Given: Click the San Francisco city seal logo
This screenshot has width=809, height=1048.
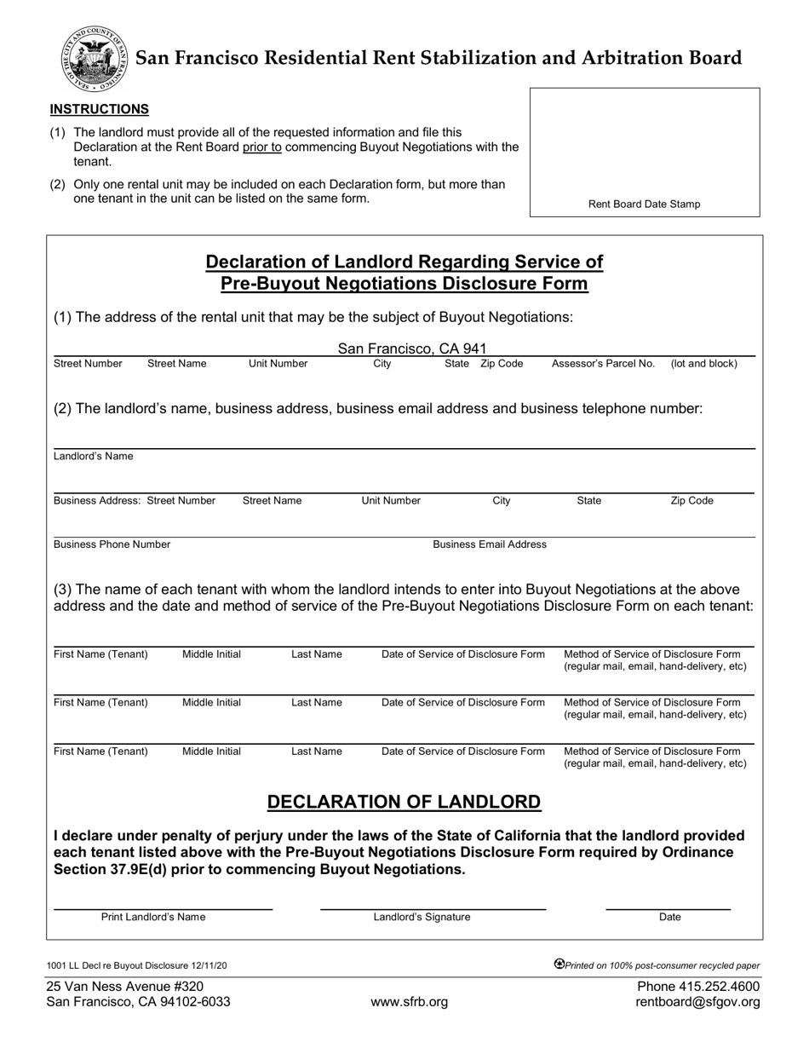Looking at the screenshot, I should tap(94, 58).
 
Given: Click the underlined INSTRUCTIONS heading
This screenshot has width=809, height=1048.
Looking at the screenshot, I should tap(100, 109).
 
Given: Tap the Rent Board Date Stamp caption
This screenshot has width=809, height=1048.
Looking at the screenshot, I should tap(645, 204).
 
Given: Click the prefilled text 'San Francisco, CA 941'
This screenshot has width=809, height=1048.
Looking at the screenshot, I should tap(412, 348).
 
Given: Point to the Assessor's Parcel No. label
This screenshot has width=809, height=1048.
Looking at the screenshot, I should tap(603, 364).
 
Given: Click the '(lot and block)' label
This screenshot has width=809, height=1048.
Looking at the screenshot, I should tap(704, 364).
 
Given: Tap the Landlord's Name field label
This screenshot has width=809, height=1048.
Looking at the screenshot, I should tap(94, 457).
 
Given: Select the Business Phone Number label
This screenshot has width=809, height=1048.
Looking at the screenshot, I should tap(112, 544).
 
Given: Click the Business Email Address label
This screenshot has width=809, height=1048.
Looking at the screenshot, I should tap(490, 544).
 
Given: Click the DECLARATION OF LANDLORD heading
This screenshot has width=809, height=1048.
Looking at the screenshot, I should tap(404, 802).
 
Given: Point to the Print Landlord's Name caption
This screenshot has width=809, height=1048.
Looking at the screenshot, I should tap(153, 918).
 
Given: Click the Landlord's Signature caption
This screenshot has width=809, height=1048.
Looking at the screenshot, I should tap(422, 918).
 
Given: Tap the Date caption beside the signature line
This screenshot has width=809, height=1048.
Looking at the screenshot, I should tap(670, 918).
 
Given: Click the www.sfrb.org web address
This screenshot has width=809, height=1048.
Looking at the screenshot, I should tap(409, 1002).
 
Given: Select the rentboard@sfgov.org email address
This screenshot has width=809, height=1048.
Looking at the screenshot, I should tap(697, 1002).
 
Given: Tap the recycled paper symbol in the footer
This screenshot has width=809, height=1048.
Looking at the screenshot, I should tap(559, 965).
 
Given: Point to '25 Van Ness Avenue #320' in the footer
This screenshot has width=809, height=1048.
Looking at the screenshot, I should tap(125, 986).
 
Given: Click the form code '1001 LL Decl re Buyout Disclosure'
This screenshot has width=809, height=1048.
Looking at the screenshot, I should tap(117, 966).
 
